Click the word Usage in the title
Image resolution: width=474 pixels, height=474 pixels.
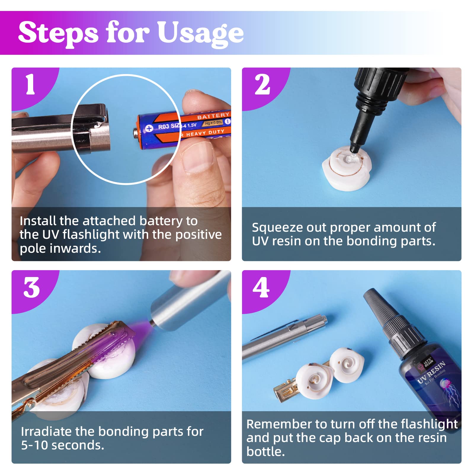coord(200,33)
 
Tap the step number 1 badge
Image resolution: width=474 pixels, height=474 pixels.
coord(30,85)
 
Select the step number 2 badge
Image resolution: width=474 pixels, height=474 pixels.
coord(262,85)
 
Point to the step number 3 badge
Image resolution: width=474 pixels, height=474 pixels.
coord(31,288)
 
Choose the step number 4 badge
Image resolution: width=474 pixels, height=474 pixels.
coord(261,288)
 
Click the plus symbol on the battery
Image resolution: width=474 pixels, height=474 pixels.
coord(149,128)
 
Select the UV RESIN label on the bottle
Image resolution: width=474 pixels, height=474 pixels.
coord(431,372)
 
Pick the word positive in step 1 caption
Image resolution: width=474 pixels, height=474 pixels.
coord(198,235)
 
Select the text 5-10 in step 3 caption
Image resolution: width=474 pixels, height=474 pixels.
coord(33,445)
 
